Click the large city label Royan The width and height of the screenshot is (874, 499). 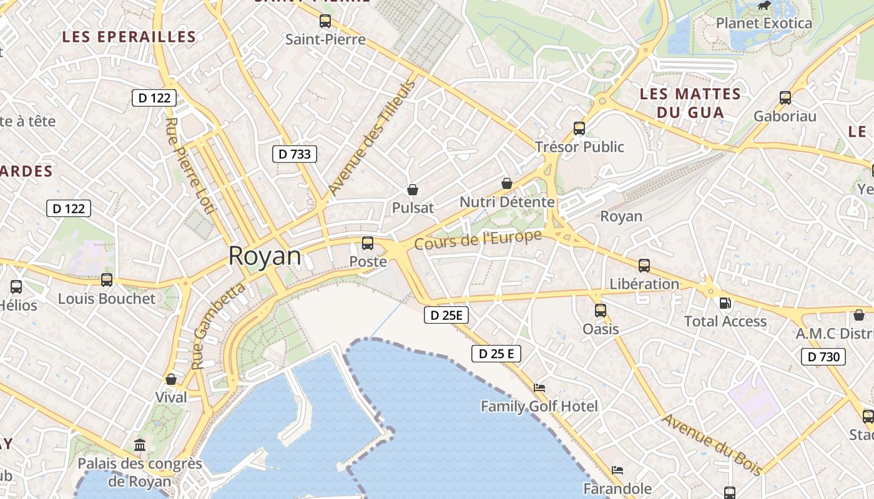coord(264,256)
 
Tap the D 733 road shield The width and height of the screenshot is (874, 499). coord(295,153)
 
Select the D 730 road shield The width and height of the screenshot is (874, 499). coord(823,357)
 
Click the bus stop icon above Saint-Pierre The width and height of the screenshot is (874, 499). coord(325,21)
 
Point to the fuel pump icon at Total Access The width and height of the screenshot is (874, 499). coord(725,303)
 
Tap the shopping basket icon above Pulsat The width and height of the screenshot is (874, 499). coord(412,190)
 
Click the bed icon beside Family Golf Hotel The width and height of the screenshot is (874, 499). coord(539,388)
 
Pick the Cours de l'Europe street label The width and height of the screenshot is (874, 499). coord(478,240)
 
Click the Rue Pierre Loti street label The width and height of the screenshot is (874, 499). coord(190,165)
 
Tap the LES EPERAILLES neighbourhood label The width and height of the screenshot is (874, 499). coord(129,37)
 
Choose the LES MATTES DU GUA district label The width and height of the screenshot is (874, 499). coord(690,104)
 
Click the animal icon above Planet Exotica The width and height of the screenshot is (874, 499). coord(764,6)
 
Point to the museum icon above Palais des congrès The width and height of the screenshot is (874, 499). coord(140,445)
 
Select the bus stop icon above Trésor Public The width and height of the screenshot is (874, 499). coord(579,128)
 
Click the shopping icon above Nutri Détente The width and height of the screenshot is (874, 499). coord(507,183)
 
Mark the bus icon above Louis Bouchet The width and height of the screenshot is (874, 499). coord(107,280)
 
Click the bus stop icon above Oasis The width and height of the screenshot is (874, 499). coord(601,310)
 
